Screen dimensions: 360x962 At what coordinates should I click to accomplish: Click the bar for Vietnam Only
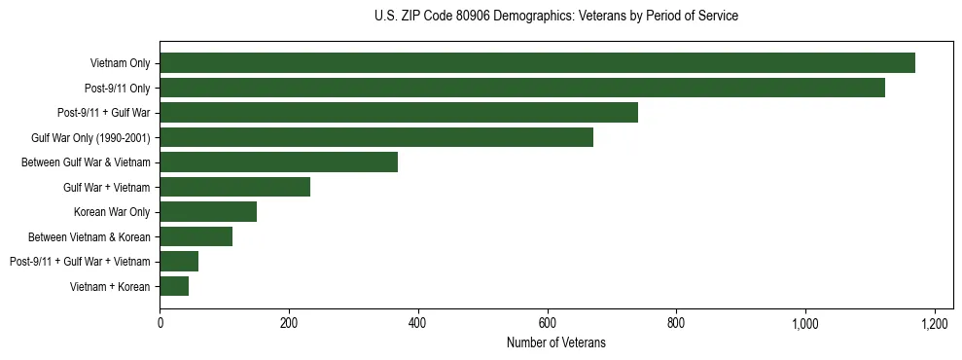click(x=537, y=63)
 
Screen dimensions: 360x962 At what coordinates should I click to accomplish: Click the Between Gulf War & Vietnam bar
click(x=279, y=162)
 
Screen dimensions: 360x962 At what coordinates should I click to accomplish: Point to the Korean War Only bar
click(x=208, y=212)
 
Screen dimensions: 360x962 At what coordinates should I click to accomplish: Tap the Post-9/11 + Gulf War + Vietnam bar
click(x=179, y=262)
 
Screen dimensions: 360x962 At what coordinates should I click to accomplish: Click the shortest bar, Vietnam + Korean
click(x=174, y=286)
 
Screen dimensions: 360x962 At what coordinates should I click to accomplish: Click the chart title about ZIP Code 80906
click(x=555, y=17)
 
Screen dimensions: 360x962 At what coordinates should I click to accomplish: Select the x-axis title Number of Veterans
click(x=555, y=343)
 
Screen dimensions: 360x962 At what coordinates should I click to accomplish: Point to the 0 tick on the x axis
click(x=160, y=323)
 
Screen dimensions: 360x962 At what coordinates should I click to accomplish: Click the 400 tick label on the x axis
click(x=418, y=323)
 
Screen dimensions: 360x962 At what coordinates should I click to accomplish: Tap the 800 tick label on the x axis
click(x=676, y=323)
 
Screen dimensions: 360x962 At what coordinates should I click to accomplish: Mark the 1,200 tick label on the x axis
click(x=934, y=323)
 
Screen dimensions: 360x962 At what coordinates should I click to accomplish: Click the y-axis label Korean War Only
click(x=112, y=212)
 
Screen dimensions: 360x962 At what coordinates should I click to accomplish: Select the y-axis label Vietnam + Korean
click(x=110, y=286)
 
